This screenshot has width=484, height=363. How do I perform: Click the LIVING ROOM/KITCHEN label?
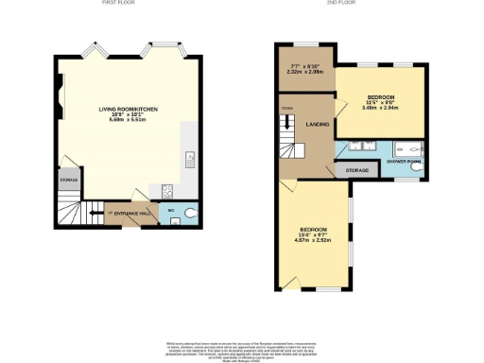tap(129, 110)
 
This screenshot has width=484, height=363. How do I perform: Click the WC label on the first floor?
tap(171, 211)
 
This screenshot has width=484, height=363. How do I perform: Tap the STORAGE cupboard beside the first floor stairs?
tap(68, 179)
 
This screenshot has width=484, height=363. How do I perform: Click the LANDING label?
tap(317, 123)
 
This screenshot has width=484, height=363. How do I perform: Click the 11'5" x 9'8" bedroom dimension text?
tap(380, 105)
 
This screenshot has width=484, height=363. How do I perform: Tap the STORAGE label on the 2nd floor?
tap(356, 171)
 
